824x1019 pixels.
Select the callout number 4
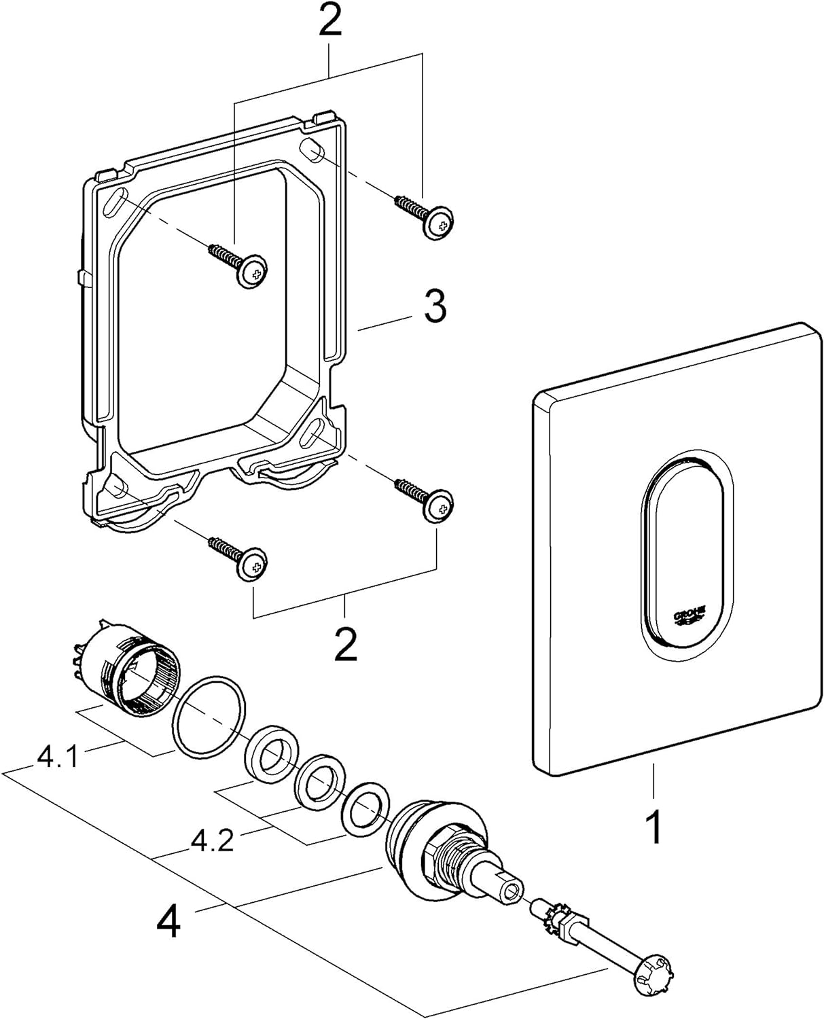[x=168, y=922]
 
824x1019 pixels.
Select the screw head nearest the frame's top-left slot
[x=253, y=274]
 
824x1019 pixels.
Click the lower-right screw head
[x=438, y=507]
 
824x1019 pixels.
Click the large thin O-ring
[x=208, y=715]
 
